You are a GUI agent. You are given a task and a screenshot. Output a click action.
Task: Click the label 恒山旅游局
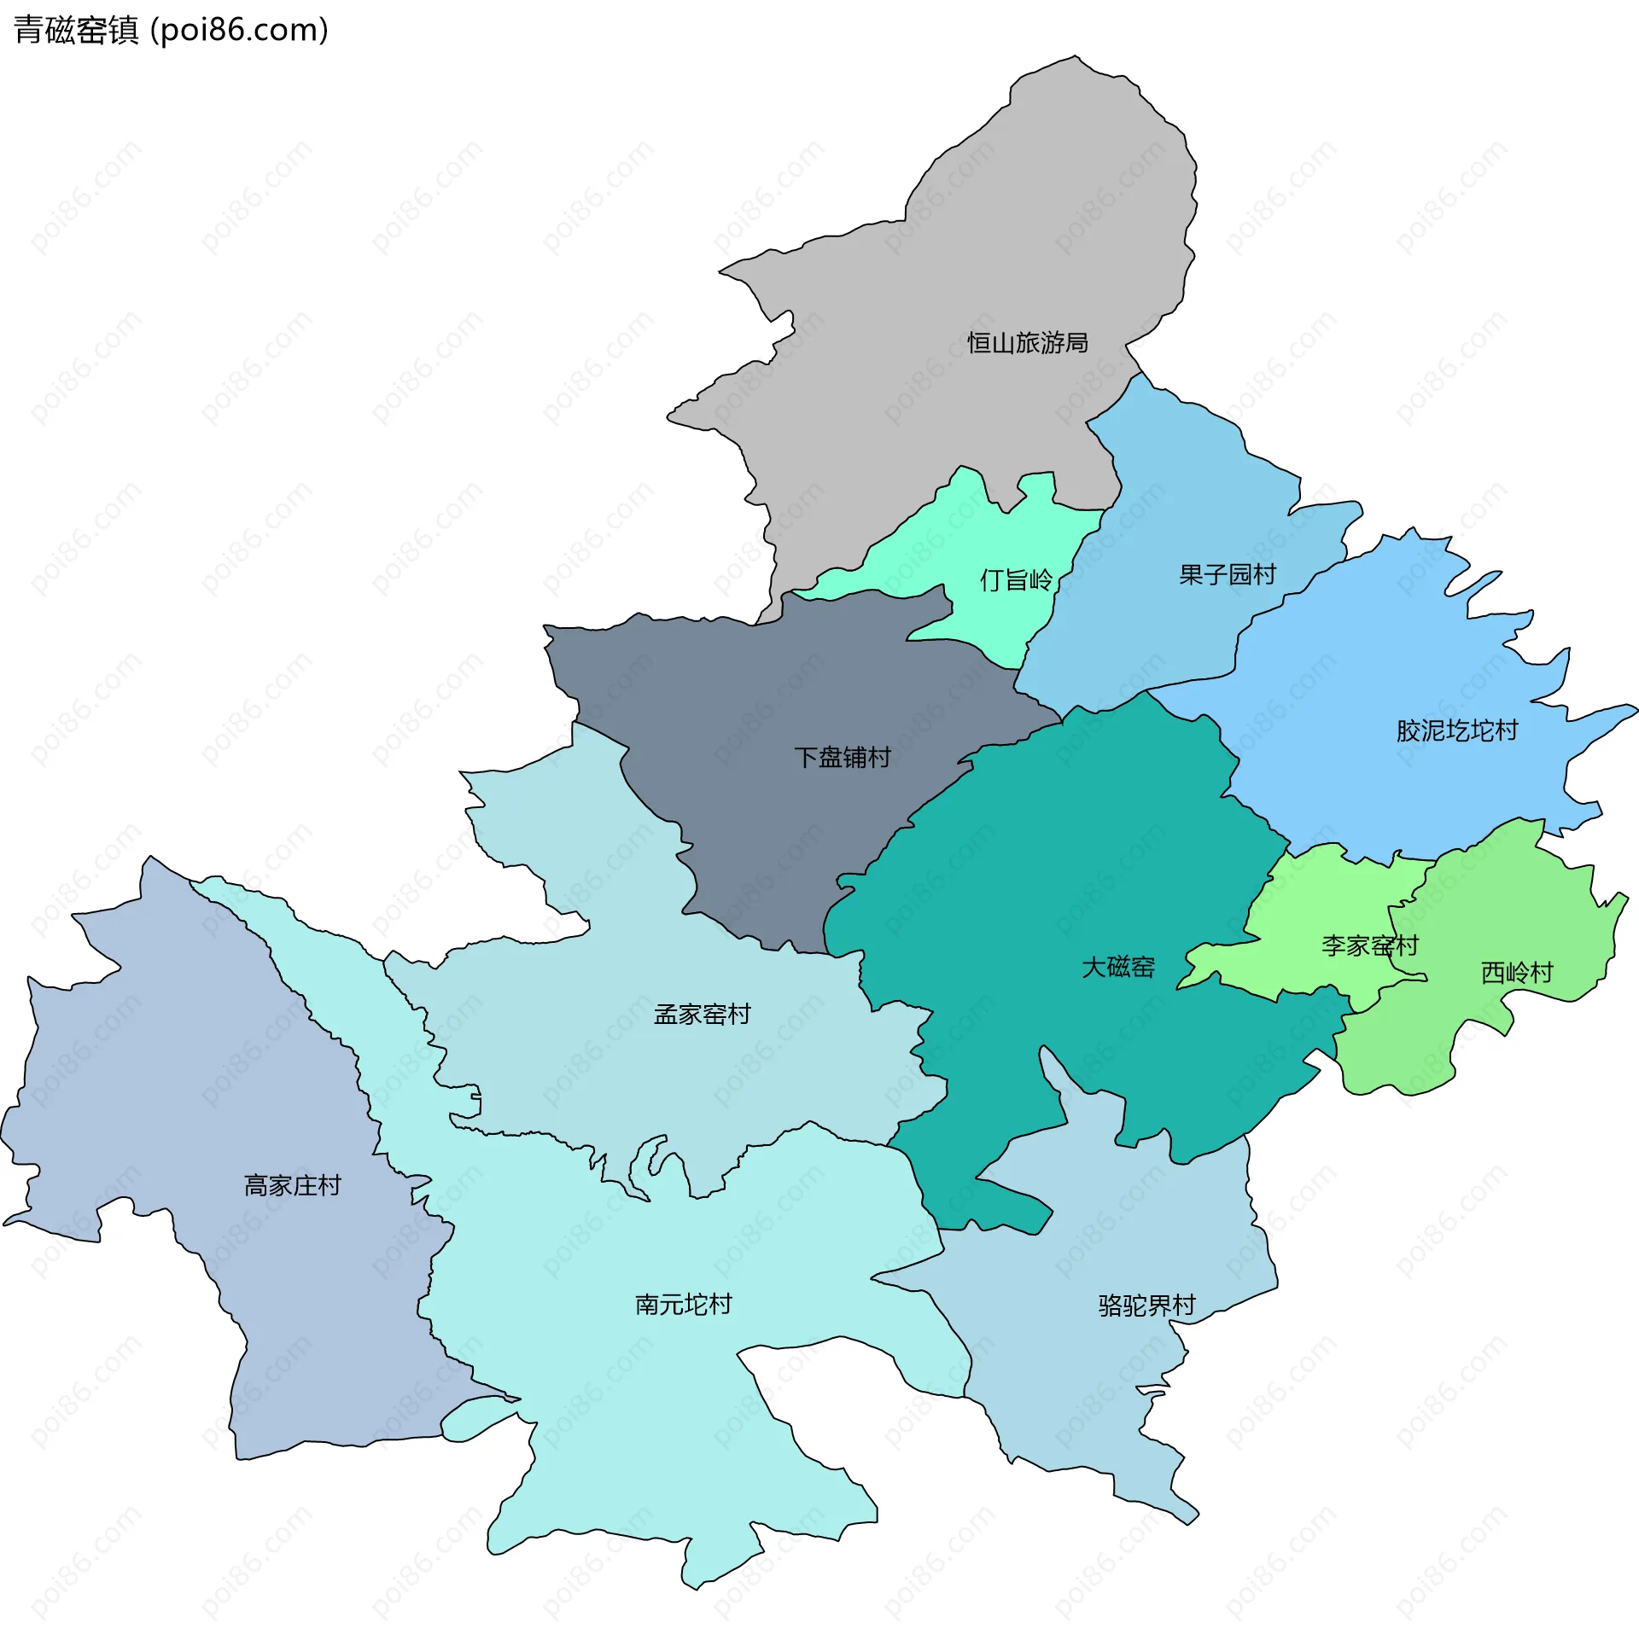pyautogui.click(x=1027, y=343)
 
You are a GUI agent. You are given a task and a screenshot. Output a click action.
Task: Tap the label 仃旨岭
pyautogui.click(x=1016, y=580)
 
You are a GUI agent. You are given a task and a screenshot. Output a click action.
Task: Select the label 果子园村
pyautogui.click(x=1227, y=575)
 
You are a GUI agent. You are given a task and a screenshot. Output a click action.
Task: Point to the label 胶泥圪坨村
pyautogui.click(x=1456, y=730)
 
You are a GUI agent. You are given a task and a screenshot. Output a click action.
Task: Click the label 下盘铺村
pyautogui.click(x=842, y=757)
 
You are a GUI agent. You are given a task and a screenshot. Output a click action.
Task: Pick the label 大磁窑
pyautogui.click(x=1117, y=967)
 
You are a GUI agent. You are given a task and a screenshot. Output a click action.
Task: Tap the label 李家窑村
pyautogui.click(x=1369, y=945)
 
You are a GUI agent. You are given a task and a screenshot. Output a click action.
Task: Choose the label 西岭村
pyautogui.click(x=1516, y=973)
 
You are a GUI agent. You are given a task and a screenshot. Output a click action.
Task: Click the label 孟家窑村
pyautogui.click(x=702, y=1014)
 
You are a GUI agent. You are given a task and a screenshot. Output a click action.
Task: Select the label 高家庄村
pyautogui.click(x=292, y=1185)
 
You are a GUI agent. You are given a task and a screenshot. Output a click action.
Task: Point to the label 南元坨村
pyautogui.click(x=683, y=1304)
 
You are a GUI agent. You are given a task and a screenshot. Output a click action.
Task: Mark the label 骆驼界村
pyautogui.click(x=1146, y=1306)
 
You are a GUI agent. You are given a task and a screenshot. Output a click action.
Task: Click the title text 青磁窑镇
pyautogui.click(x=76, y=31)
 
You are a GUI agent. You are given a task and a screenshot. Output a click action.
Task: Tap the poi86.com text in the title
pyautogui.click(x=239, y=31)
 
